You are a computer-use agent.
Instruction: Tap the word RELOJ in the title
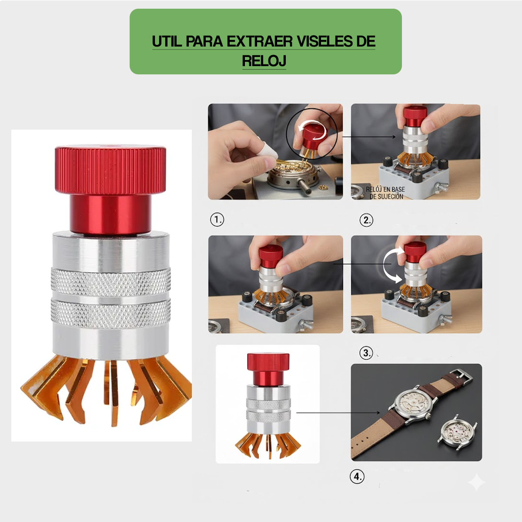264,61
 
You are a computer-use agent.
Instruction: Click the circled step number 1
217,219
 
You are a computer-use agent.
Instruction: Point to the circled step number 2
366,220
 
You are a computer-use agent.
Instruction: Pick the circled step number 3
366,353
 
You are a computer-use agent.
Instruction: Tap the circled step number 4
357,476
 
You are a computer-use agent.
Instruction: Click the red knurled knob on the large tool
110,170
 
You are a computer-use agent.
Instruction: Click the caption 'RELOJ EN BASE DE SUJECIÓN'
385,193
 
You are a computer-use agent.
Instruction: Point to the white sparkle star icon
476,482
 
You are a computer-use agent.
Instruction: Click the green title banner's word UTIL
167,41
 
